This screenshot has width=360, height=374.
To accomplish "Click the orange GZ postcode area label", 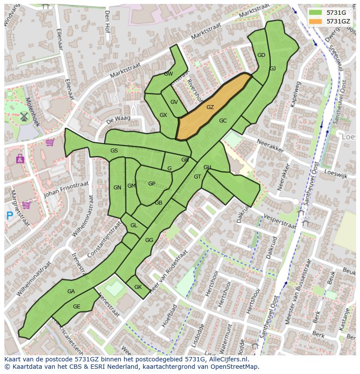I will (210, 107).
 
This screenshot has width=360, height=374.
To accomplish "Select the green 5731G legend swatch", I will (316, 13).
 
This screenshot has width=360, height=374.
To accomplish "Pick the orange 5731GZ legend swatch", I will (316, 21).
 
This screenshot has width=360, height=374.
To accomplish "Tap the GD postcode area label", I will (261, 55).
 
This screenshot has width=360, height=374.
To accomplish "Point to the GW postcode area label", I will (169, 74).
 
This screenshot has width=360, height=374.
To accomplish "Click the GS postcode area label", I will (114, 151).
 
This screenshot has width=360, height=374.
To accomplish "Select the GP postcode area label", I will (152, 183).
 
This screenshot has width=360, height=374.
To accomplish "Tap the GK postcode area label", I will (138, 287).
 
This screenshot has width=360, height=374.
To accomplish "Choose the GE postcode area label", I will (77, 307).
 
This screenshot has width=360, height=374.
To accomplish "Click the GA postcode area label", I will (71, 291).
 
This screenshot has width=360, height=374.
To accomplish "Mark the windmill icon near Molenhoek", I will (24, 116).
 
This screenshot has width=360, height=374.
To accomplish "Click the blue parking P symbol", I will (10, 215).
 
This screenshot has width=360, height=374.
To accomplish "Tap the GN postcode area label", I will (117, 188).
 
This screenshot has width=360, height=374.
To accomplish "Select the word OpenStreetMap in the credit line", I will (237, 367).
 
